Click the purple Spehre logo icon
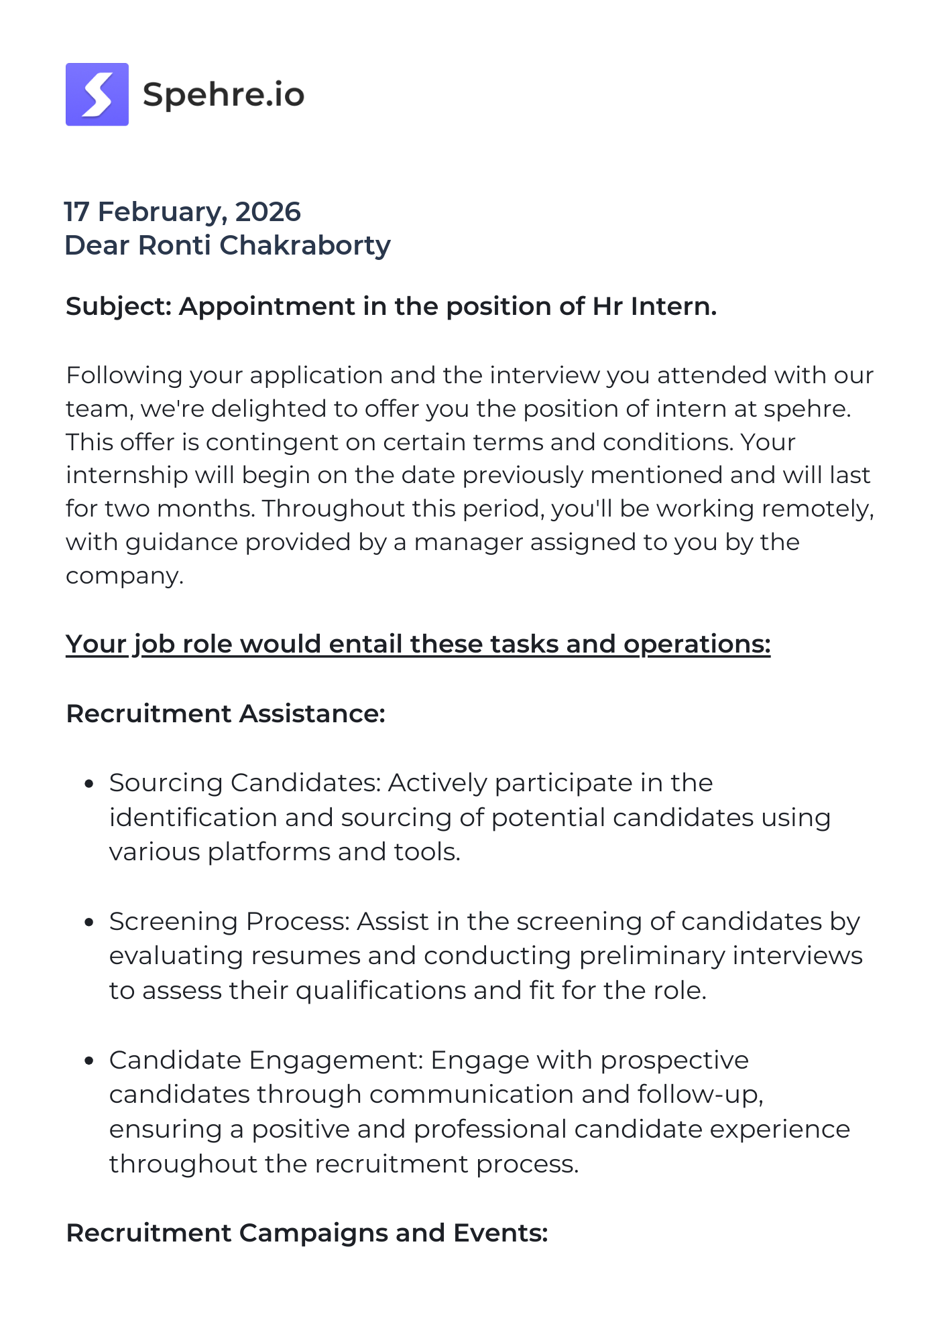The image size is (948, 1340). [97, 94]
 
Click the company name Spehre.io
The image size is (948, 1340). [223, 94]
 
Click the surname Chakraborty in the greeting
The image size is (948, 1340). [305, 245]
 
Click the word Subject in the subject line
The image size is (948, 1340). [119, 306]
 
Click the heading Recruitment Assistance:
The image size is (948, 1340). [225, 714]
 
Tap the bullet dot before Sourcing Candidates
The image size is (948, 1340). [88, 784]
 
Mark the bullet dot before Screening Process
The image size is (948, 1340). [88, 923]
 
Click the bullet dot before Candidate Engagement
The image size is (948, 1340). [88, 1061]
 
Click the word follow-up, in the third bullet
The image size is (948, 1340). [701, 1095]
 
